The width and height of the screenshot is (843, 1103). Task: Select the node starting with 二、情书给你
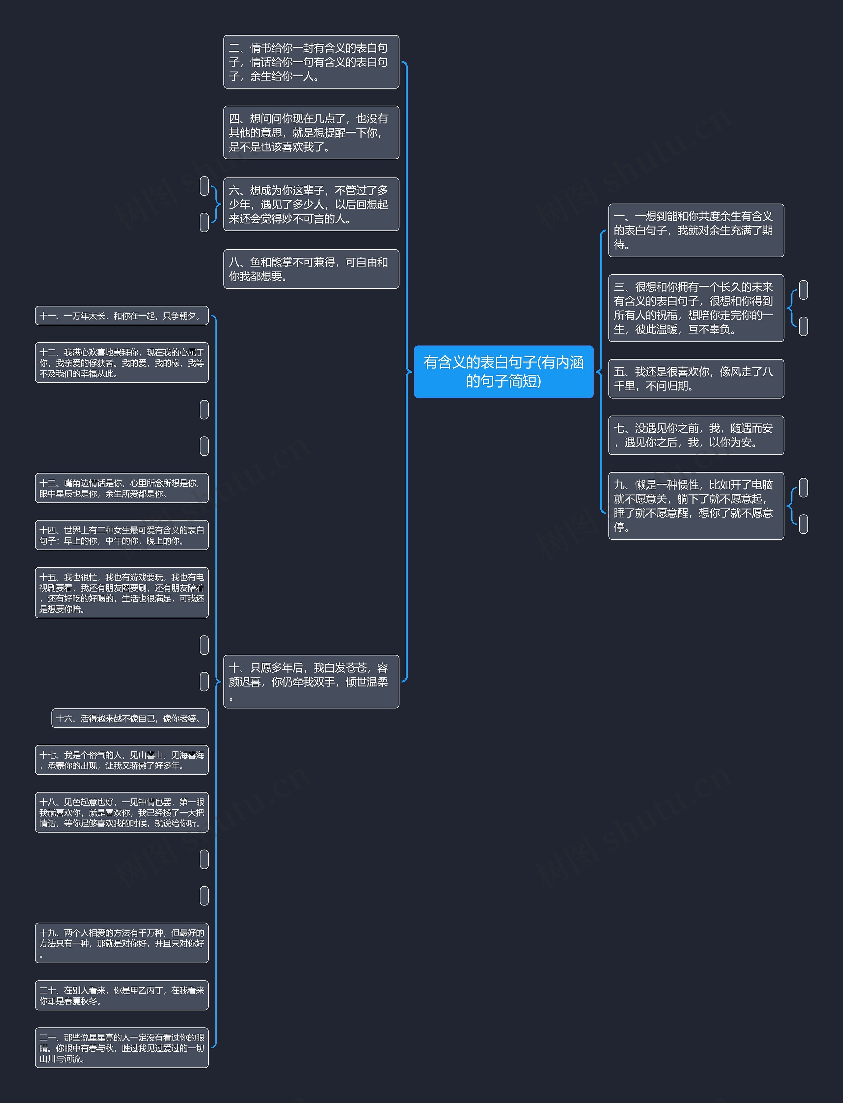tap(311, 62)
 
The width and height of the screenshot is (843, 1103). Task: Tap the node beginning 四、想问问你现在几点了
tap(311, 132)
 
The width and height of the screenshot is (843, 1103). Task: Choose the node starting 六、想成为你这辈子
tap(311, 204)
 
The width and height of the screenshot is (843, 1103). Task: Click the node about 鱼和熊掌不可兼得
tap(311, 269)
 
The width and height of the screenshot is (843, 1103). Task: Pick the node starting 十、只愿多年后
tap(311, 682)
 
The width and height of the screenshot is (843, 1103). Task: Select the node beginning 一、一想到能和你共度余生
tap(696, 230)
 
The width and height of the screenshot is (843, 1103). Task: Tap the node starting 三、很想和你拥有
tap(696, 308)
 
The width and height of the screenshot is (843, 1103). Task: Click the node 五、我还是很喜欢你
tap(696, 379)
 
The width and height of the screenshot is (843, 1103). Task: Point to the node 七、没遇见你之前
tap(696, 435)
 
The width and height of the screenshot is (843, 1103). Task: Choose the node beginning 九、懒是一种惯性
tap(696, 506)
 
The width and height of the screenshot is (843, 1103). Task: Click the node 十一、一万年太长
tap(122, 315)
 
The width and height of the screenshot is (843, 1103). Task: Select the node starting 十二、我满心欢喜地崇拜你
tap(122, 363)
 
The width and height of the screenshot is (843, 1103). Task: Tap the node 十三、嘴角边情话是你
tap(122, 488)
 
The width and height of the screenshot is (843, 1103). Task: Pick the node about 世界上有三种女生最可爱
tap(122, 535)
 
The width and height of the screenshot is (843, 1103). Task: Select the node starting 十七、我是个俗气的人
tap(122, 760)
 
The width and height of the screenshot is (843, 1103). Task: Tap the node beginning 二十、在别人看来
tap(122, 995)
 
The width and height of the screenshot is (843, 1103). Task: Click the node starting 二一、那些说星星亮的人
tap(122, 1047)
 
